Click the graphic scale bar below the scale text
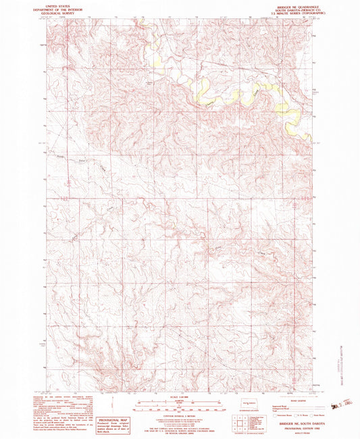tap(180, 405)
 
